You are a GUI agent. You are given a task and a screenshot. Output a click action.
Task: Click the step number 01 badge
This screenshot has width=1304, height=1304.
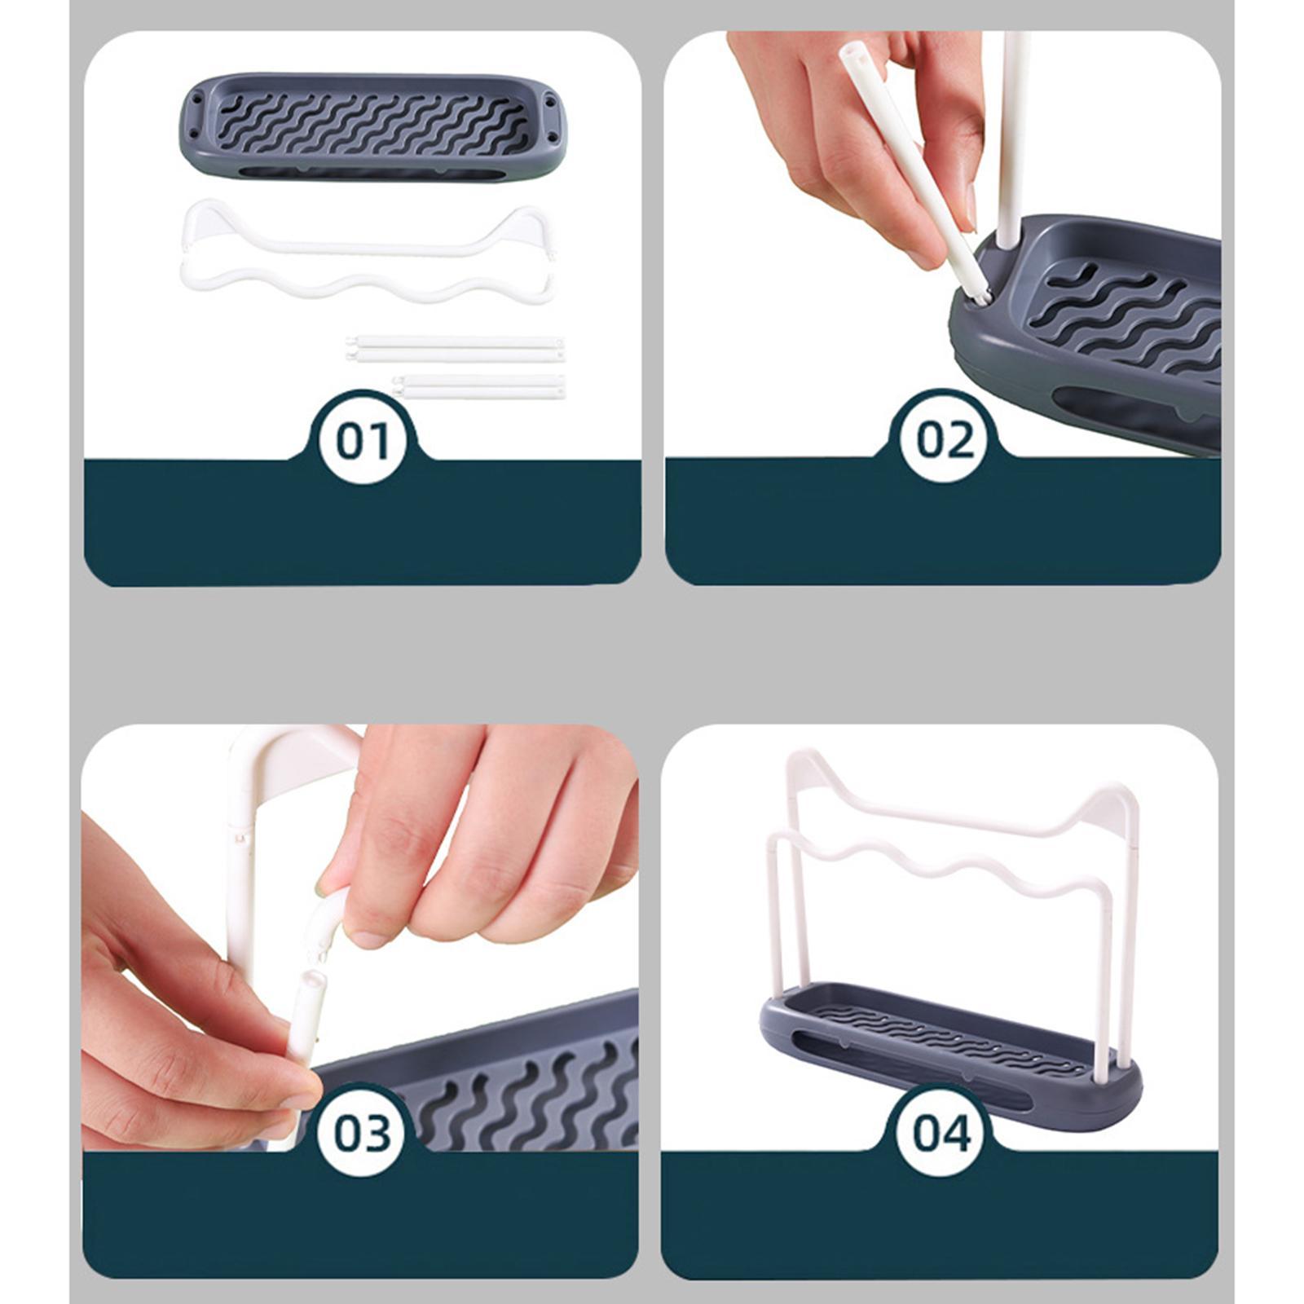pos(363,441)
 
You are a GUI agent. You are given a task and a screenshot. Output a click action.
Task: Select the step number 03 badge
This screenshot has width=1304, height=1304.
pos(362,1133)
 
